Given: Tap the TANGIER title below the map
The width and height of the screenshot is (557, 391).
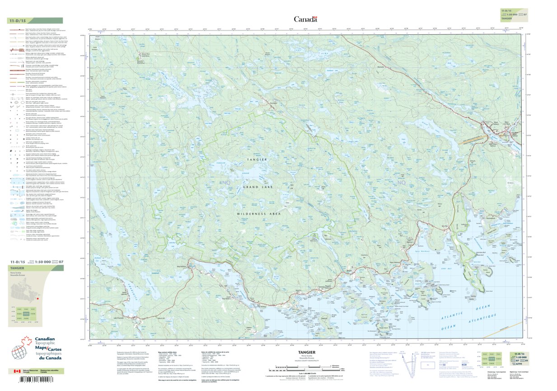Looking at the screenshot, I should coord(306,353).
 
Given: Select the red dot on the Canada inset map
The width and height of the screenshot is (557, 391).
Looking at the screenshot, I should coord(38,299).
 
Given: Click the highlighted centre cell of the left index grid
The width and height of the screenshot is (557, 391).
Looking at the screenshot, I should coord(25,313).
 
